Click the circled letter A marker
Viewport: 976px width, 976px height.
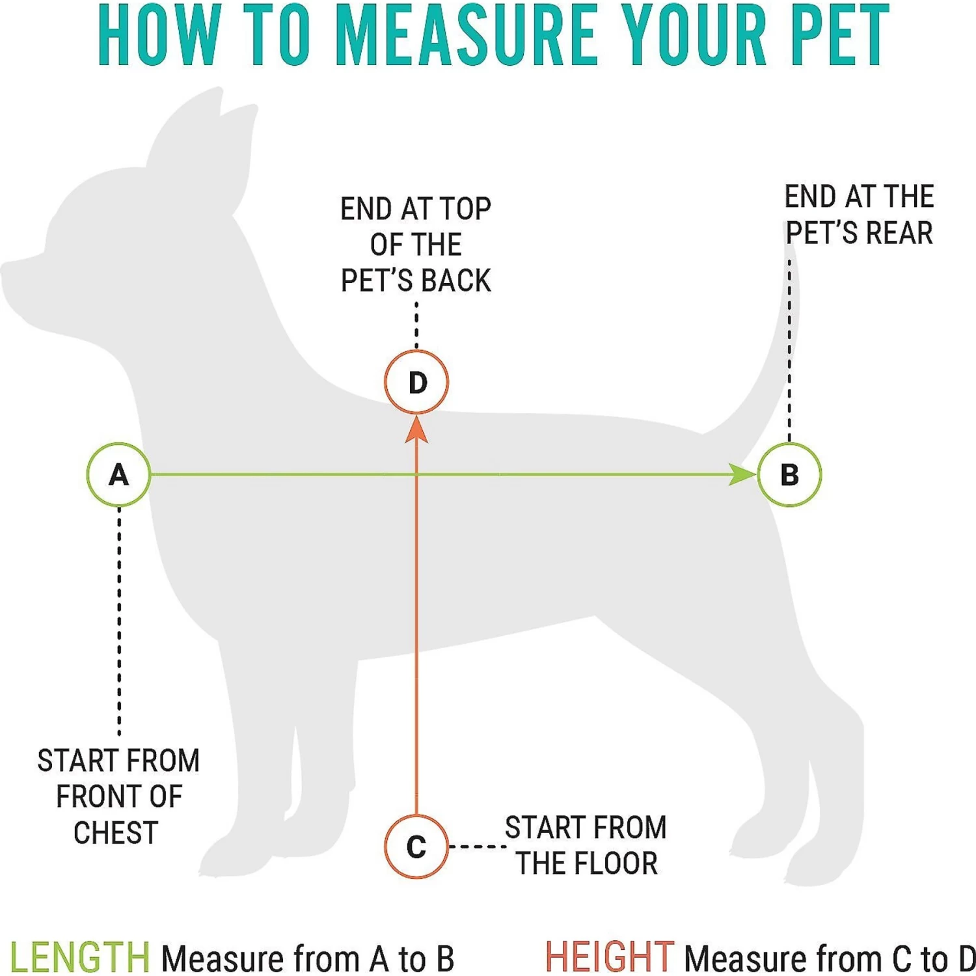point(119,475)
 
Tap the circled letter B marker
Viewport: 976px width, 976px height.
point(789,475)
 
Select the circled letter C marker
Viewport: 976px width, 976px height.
point(416,847)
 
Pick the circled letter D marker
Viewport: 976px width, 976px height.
point(416,382)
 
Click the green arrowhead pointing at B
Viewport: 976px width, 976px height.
point(742,475)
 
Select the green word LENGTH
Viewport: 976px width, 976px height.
point(79,958)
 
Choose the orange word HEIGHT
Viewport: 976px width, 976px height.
point(609,958)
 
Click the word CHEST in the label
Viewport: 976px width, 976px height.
point(116,834)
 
